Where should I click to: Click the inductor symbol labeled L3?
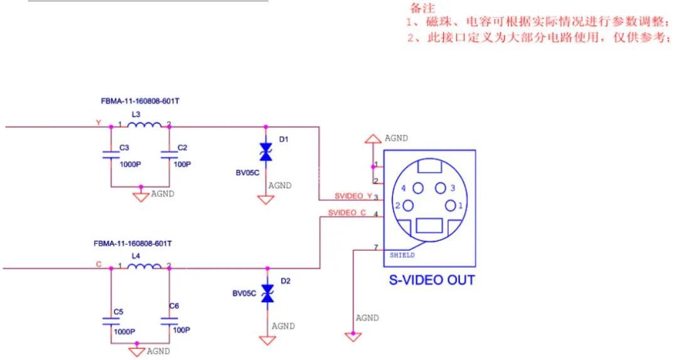pyautogui.click(x=145, y=125)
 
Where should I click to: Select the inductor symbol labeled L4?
pyautogui.click(x=145, y=267)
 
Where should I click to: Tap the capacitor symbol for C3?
pyautogui.click(x=111, y=156)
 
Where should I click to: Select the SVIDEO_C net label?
pyautogui.click(x=347, y=213)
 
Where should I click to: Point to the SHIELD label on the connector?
pyautogui.click(x=402, y=255)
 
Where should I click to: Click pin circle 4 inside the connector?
pyautogui.click(x=418, y=188)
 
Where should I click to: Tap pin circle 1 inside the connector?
pyautogui.click(x=451, y=205)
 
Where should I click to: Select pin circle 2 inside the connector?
pyautogui.click(x=407, y=205)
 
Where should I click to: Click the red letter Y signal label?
pyautogui.click(x=98, y=122)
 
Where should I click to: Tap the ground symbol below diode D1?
pyautogui.click(x=266, y=199)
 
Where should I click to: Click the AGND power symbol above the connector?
pyautogui.click(x=374, y=139)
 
